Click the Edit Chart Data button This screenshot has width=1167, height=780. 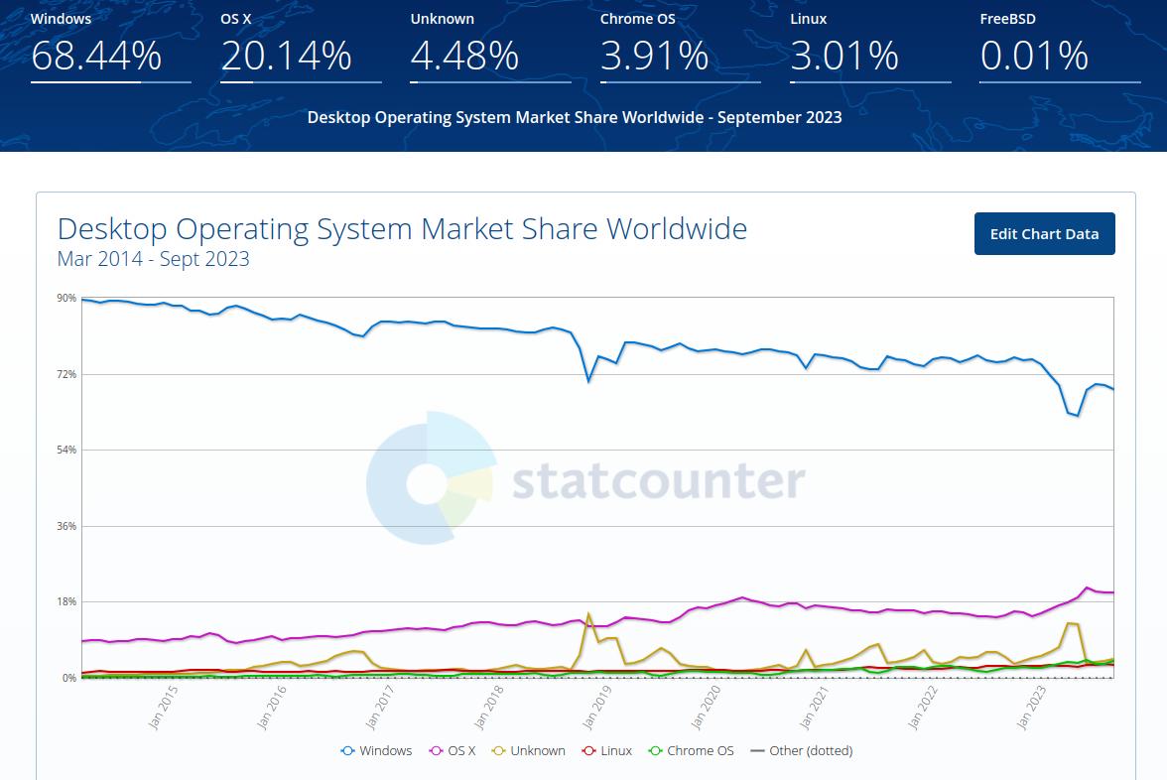point(1044,234)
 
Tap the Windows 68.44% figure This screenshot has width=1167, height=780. point(96,57)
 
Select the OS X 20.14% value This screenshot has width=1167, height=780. point(286,57)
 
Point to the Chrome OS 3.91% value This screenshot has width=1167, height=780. point(654,57)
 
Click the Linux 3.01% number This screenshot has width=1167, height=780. point(844,57)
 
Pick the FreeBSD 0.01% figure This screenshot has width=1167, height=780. point(1034,57)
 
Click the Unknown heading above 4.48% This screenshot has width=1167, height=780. point(442,19)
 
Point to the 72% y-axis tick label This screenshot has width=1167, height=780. point(66,374)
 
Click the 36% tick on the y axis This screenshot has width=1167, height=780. point(66,526)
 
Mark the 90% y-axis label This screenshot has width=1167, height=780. point(66,298)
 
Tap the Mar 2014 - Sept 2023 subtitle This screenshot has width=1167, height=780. point(154,260)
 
